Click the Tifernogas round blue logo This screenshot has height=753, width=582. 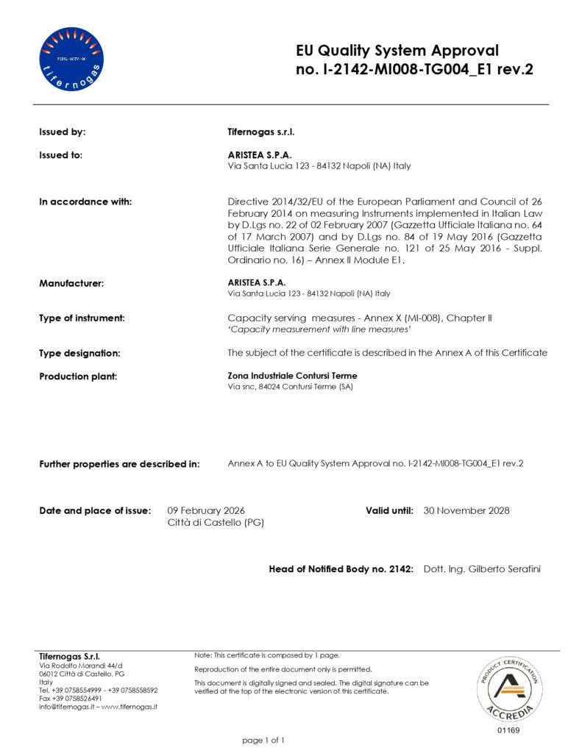tap(71, 59)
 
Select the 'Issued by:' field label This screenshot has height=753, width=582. tap(63, 132)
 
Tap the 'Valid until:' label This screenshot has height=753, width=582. tap(389, 510)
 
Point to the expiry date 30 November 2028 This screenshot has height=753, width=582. tap(466, 510)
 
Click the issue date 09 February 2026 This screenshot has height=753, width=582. tap(206, 510)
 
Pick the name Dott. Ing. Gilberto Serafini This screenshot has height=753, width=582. tap(483, 569)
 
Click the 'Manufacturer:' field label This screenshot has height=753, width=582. tap(71, 283)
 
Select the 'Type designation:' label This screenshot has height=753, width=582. tap(79, 353)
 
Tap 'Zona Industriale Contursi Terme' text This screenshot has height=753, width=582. tap(292, 376)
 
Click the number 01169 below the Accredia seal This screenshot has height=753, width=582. tap(508, 730)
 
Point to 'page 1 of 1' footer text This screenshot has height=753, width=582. tap(263, 740)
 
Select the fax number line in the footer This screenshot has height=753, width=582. tap(70, 699)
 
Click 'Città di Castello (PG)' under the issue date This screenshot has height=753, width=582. tap(216, 523)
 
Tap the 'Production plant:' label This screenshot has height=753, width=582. tap(78, 376)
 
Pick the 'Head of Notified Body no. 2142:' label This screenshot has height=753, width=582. tap(341, 569)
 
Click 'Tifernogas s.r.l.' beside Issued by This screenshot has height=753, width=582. tap(261, 132)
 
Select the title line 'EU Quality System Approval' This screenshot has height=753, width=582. tap(397, 51)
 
